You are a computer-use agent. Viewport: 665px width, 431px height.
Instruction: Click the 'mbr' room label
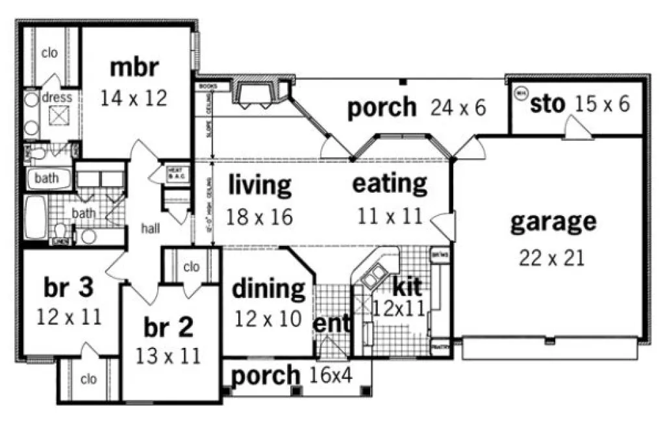tap(134, 68)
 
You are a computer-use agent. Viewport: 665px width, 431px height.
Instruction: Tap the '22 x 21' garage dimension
tap(552, 258)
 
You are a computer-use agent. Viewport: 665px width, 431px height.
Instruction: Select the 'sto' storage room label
tap(547, 105)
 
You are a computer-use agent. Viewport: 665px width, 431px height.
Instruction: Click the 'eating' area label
tap(390, 184)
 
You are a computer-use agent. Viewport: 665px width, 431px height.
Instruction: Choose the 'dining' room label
tap(268, 289)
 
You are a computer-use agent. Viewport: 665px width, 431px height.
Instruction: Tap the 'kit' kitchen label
tap(407, 285)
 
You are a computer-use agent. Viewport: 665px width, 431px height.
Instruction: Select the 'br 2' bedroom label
tap(168, 328)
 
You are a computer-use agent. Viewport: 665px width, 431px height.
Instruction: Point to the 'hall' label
tap(151, 228)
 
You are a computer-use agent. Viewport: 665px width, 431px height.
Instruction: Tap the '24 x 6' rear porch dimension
tap(458, 107)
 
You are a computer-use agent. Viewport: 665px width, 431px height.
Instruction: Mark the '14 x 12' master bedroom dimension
tap(134, 98)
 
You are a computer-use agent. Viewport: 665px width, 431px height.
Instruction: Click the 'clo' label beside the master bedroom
tap(50, 53)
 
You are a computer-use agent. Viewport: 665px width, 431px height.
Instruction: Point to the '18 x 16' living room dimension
tap(260, 217)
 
